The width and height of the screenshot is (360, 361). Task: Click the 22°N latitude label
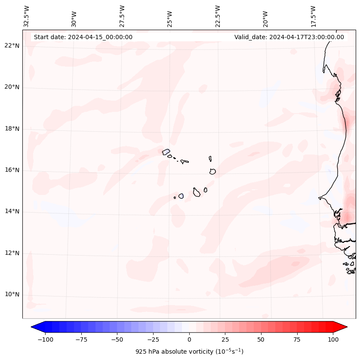pyautogui.click(x=12, y=46)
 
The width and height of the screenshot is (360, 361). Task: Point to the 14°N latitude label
pyautogui.click(x=12, y=212)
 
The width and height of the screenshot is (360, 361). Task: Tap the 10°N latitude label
pyautogui.click(x=12, y=295)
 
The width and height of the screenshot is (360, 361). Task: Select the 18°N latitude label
pyautogui.click(x=12, y=129)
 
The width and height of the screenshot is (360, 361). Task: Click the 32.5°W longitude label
pyautogui.click(x=27, y=16)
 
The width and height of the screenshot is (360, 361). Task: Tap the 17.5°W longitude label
pyautogui.click(x=313, y=16)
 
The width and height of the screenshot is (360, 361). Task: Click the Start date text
pyautogui.click(x=83, y=37)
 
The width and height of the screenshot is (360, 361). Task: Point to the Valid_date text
pyautogui.click(x=289, y=37)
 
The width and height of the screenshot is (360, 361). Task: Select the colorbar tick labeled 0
pyautogui.click(x=189, y=340)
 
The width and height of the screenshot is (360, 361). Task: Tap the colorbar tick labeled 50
pyautogui.click(x=261, y=340)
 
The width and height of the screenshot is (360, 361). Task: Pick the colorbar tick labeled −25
pyautogui.click(x=153, y=340)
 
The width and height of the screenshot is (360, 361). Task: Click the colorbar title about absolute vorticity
pyautogui.click(x=189, y=352)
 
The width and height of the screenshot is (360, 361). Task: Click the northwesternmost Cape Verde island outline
pyautogui.click(x=166, y=151)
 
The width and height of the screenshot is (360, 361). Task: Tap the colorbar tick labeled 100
pyautogui.click(x=333, y=340)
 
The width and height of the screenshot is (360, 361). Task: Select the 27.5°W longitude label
pyautogui.click(x=122, y=16)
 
